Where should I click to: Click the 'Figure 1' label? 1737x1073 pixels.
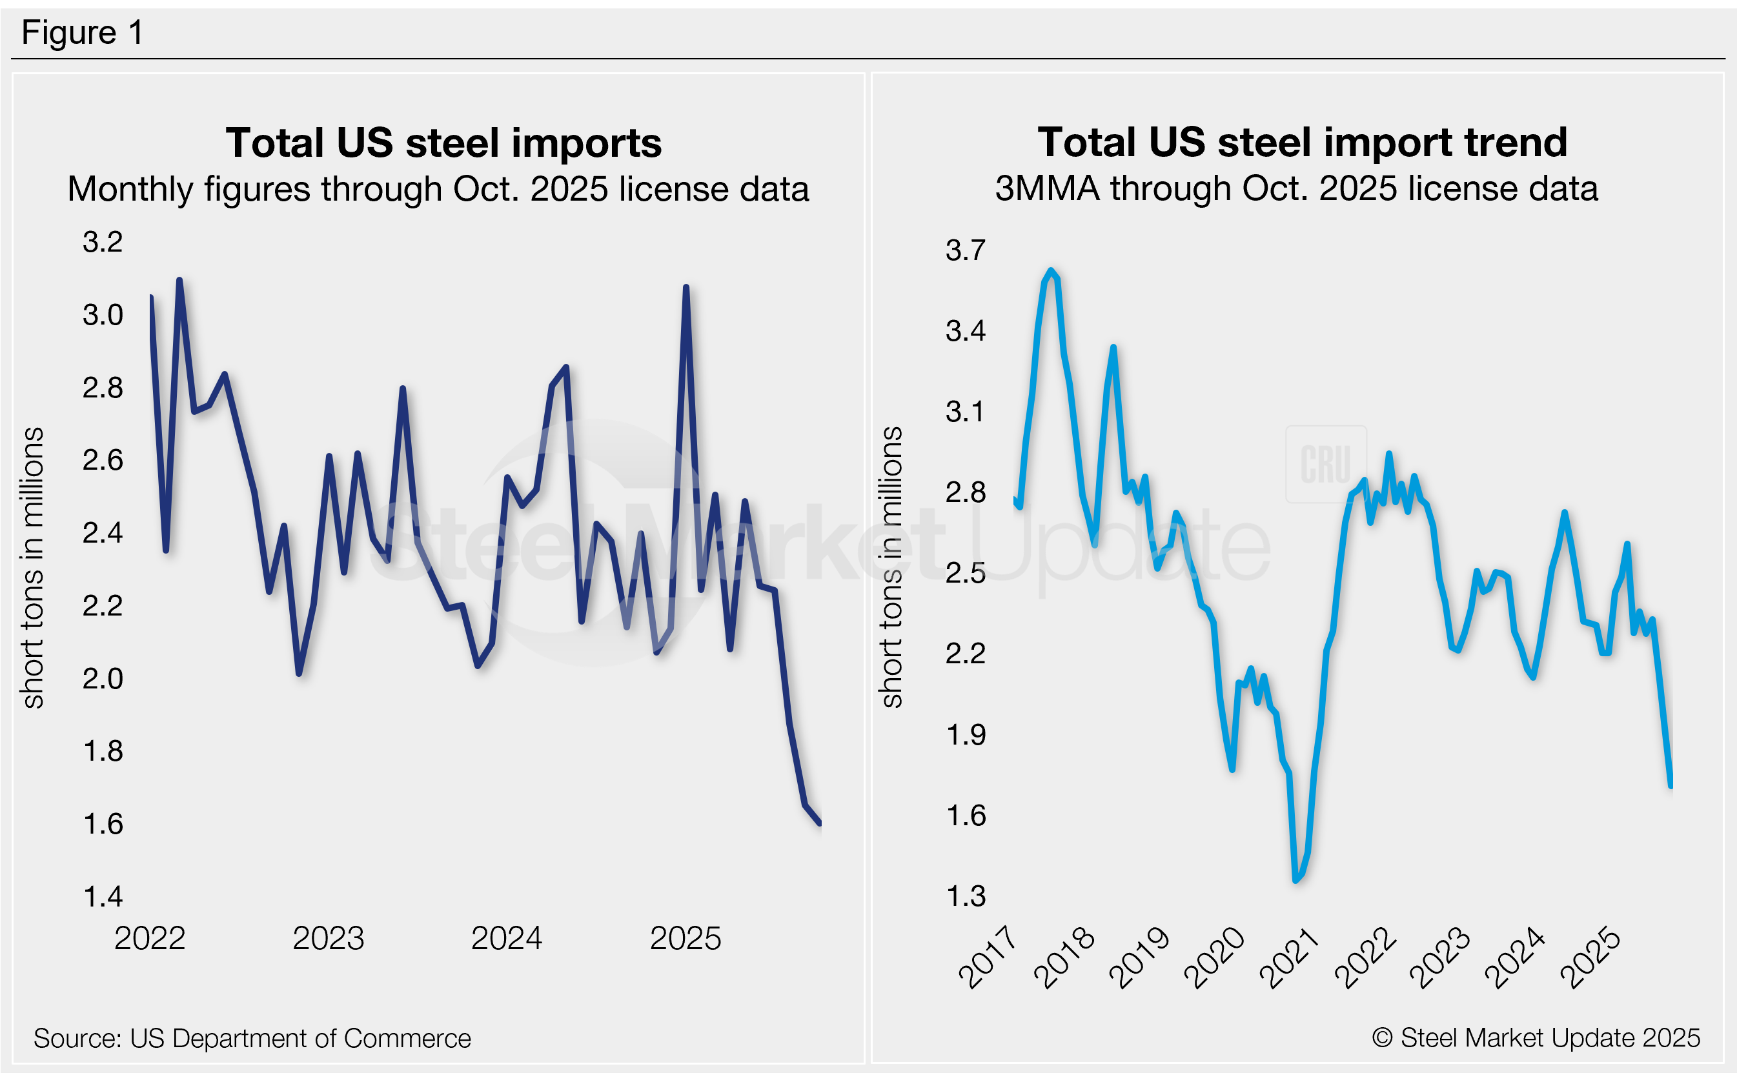83,33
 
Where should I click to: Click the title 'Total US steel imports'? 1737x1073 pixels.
443,143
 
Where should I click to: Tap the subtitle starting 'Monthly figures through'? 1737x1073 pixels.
438,190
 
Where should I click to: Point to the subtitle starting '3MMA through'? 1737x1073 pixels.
1296,189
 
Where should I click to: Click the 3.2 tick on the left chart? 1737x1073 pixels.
103,242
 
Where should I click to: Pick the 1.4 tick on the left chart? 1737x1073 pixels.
103,897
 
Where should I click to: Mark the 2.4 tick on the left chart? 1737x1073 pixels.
103,533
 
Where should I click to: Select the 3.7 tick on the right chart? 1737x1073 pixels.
966,250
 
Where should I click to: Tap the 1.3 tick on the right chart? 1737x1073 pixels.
966,897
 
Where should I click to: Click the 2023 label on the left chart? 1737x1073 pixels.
328,939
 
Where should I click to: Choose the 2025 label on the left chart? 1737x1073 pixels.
685,939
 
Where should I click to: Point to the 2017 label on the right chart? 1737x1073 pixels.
988,958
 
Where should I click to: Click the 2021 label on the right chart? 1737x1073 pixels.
1288,958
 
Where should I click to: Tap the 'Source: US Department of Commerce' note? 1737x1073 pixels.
252,1038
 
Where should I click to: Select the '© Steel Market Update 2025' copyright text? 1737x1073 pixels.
1536,1038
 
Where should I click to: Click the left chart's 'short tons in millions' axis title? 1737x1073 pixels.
34,568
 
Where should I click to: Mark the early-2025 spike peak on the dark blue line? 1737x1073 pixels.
686,287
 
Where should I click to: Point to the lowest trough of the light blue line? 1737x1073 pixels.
1296,880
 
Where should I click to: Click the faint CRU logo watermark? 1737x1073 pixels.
1325,465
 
